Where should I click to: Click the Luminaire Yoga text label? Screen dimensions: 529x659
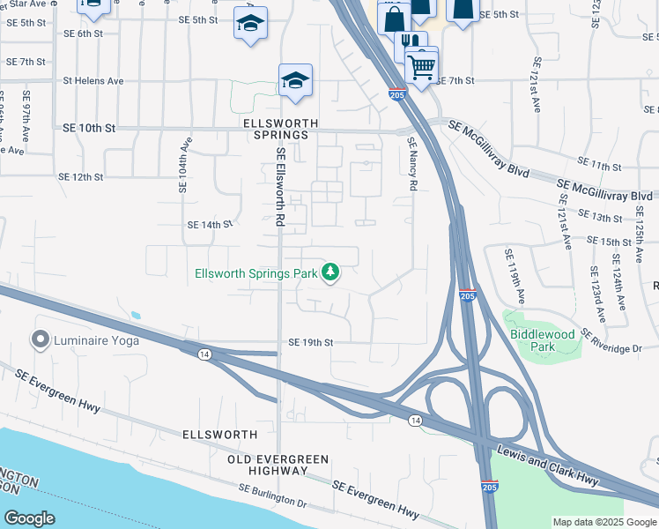pyautogui.click(x=97, y=339)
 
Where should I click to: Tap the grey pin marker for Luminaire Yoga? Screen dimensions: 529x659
pyautogui.click(x=40, y=339)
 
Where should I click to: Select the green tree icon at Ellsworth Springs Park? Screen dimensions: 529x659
pyautogui.click(x=331, y=273)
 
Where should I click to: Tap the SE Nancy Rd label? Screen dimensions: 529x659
pyautogui.click(x=411, y=164)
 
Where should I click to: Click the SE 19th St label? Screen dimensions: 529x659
pyautogui.click(x=311, y=342)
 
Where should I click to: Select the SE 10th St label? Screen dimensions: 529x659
pyautogui.click(x=89, y=128)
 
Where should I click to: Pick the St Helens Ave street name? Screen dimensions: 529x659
pyautogui.click(x=93, y=80)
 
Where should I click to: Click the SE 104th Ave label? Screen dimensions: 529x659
pyautogui.click(x=185, y=166)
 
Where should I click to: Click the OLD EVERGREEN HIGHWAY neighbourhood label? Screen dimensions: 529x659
pyautogui.click(x=278, y=466)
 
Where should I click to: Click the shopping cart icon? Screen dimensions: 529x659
pyautogui.click(x=422, y=65)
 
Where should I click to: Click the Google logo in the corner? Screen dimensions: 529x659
pyautogui.click(x=29, y=518)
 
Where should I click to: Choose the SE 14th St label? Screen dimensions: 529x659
pyautogui.click(x=209, y=225)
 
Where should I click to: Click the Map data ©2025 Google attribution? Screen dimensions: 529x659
pyautogui.click(x=604, y=522)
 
